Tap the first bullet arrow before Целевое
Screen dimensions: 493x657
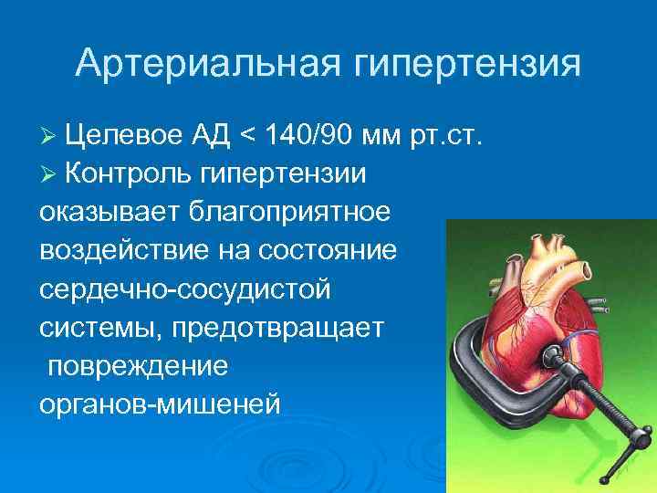coord(50,137)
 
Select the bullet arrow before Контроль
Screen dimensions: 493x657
coord(50,173)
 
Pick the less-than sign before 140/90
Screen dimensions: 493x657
coord(247,137)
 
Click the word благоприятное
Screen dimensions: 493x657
coord(289,210)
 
